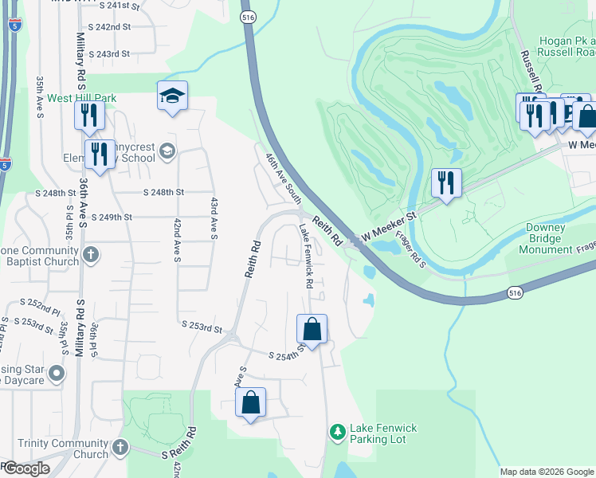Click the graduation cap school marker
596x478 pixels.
[172, 96]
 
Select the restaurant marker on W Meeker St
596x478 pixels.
[446, 182]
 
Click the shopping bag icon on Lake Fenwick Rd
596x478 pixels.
[312, 329]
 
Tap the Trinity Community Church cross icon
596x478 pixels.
[120, 446]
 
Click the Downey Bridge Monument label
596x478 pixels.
[546, 238]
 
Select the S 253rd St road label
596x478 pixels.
[201, 327]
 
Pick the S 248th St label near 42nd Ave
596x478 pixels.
[164, 193]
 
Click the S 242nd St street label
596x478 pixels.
[110, 26]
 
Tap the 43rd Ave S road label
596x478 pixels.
[214, 218]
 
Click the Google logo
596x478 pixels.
[25, 468]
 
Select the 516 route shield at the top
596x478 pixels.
[249, 16]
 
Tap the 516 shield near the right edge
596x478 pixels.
[514, 294]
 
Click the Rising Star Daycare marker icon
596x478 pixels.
[56, 373]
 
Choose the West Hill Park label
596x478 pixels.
[81, 99]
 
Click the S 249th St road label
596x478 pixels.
[112, 217]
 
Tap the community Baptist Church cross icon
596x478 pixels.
[92, 255]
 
